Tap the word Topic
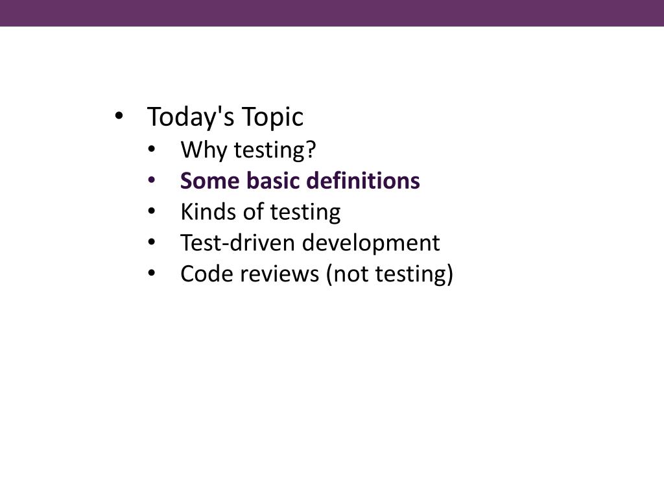point(272,117)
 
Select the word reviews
point(279,274)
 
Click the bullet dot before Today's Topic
point(119,117)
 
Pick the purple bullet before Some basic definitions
point(152,180)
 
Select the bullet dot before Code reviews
point(152,274)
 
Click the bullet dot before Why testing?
point(152,149)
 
